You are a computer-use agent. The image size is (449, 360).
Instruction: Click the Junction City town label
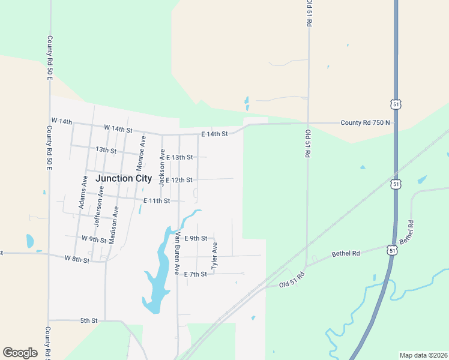[124, 178]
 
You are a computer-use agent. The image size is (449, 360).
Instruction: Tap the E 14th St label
[214, 134]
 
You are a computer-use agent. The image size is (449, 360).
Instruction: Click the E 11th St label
[157, 200]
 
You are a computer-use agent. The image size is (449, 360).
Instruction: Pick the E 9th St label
[195, 238]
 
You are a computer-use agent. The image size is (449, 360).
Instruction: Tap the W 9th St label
[94, 239]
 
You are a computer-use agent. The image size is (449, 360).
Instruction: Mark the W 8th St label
[77, 259]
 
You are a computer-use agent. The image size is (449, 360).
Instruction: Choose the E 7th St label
[195, 274]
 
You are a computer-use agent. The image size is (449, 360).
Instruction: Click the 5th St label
[89, 321]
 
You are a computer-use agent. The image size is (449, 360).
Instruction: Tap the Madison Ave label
[113, 224]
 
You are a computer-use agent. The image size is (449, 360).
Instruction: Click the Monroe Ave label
[142, 155]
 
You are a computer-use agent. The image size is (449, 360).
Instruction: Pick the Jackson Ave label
[161, 168]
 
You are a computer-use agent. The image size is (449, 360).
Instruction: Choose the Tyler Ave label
[214, 255]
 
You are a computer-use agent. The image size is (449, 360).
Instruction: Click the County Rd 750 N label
[366, 122]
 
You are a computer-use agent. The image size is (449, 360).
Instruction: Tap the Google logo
[20, 353]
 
